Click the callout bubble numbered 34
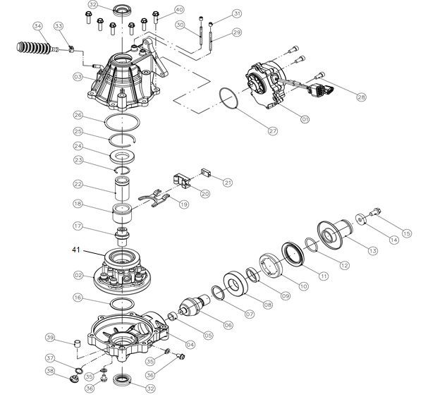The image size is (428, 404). tap(38, 27)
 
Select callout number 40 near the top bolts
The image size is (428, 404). tap(179, 10)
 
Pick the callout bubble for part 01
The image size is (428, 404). tap(305, 120)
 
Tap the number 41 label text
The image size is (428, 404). tap(77, 250)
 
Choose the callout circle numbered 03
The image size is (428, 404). tap(78, 76)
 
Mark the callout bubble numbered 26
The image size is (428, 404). tap(78, 115)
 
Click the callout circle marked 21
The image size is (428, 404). tap(227, 183)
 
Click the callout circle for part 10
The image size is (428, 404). tap(303, 286)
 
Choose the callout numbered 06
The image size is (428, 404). tap(227, 325)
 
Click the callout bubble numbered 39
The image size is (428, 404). tap(50, 336)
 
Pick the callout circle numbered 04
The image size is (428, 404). tap(189, 345)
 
